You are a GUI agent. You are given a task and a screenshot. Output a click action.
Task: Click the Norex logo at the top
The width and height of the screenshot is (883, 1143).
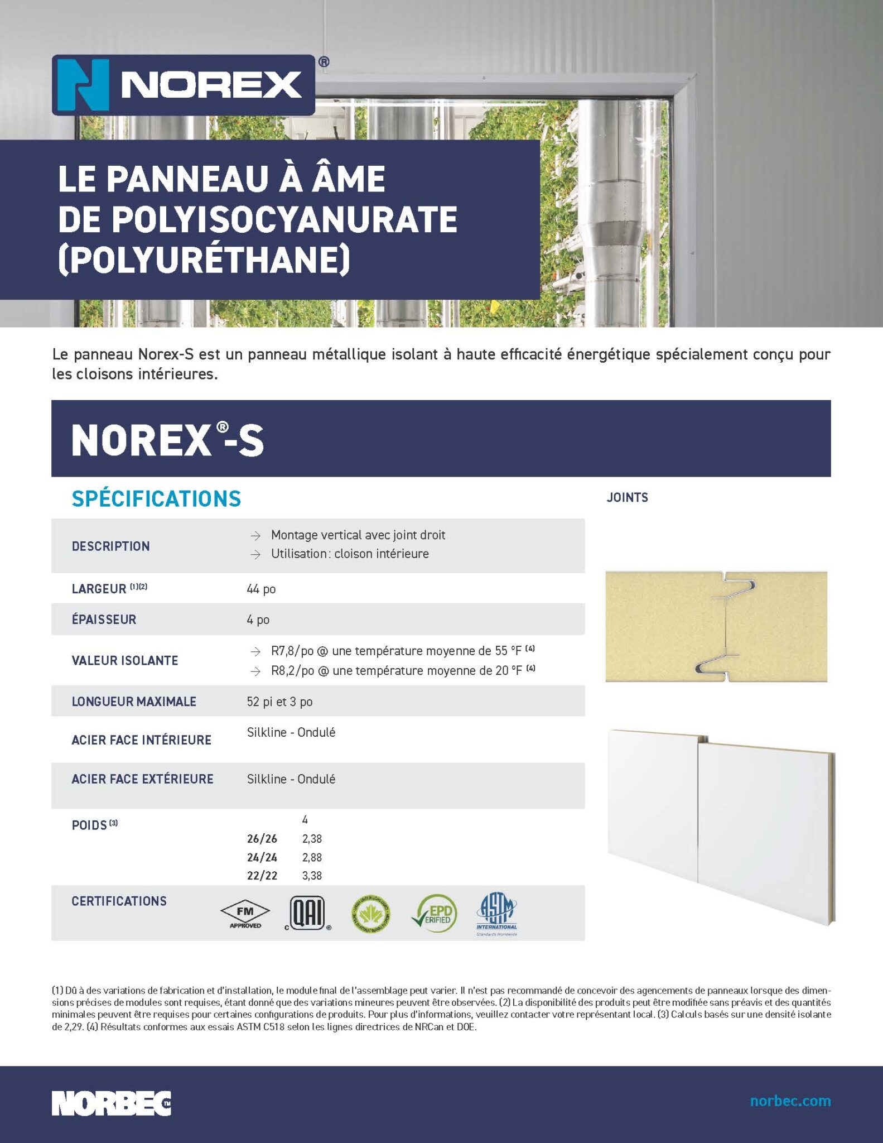(x=184, y=85)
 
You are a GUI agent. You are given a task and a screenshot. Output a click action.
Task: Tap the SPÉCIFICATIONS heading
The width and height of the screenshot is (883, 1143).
(x=156, y=498)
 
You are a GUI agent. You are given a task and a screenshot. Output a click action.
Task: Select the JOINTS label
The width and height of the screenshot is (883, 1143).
(x=627, y=497)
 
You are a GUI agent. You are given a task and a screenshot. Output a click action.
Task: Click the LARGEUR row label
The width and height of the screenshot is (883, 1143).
(x=99, y=589)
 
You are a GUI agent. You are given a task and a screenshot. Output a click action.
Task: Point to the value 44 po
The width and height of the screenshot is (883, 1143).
(x=261, y=589)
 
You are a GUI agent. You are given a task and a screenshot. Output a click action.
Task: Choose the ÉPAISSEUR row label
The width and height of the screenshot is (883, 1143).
(x=104, y=619)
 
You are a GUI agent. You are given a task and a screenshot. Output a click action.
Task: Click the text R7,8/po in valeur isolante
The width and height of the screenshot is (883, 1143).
(x=292, y=651)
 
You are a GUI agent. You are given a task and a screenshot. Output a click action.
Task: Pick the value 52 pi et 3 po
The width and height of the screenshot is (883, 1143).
(x=279, y=702)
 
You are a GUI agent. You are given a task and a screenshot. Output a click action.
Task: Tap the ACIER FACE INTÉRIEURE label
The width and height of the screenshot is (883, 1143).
(x=141, y=740)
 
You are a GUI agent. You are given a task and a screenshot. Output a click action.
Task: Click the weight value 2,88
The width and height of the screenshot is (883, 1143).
(x=312, y=857)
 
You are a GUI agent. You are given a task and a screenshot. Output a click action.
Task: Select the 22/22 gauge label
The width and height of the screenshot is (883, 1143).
(x=262, y=876)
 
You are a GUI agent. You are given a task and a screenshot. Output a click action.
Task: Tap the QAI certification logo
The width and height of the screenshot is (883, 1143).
(x=307, y=914)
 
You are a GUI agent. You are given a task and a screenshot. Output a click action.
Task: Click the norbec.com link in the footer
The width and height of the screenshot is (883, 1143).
(x=790, y=1101)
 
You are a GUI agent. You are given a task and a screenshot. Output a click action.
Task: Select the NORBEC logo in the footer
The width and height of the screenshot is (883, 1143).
(x=112, y=1103)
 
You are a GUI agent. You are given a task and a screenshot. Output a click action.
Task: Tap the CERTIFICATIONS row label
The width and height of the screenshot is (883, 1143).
(x=119, y=901)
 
